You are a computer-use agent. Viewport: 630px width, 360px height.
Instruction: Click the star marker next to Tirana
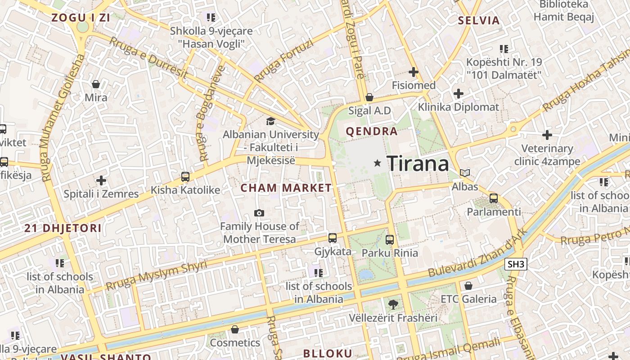[x=377, y=163]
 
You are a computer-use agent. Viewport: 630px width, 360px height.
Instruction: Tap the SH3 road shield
[x=516, y=264]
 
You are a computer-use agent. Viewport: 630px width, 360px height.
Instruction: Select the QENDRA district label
[x=372, y=131]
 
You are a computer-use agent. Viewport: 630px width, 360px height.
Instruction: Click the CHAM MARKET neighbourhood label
[x=286, y=188]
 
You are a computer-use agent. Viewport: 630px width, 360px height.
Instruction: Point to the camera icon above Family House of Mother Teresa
[x=259, y=213]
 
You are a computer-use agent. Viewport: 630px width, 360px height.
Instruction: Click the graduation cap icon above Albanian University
[x=270, y=121]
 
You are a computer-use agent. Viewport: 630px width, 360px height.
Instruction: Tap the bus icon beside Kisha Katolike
[x=185, y=177]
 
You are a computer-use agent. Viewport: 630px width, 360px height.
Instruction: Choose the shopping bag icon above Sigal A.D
[x=369, y=97]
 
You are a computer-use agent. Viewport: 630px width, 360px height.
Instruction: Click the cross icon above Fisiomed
[x=414, y=72]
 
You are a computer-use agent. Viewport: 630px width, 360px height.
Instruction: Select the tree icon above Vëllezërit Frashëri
[x=393, y=305]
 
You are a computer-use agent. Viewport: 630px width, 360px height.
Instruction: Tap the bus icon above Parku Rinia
[x=390, y=240]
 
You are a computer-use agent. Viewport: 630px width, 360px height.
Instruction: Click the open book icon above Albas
[x=465, y=173]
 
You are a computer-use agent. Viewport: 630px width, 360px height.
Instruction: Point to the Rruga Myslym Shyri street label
[x=157, y=275]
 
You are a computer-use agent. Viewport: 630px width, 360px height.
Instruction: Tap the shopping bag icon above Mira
[x=96, y=84]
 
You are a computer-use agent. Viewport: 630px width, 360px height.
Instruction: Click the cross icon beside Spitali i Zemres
[x=101, y=181]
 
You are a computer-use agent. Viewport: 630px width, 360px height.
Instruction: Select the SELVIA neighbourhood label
[x=479, y=20]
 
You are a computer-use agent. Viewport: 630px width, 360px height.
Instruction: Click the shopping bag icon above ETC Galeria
[x=468, y=286]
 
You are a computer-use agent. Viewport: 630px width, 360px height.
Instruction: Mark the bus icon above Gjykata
[x=333, y=238]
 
